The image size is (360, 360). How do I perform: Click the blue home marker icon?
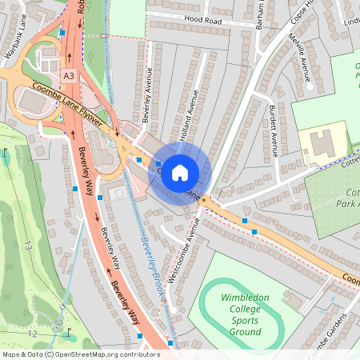click(180, 172)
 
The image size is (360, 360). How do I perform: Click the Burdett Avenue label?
click(274, 131)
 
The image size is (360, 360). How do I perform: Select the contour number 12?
click(31, 333)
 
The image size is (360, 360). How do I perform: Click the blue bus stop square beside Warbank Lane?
click(62, 32)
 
